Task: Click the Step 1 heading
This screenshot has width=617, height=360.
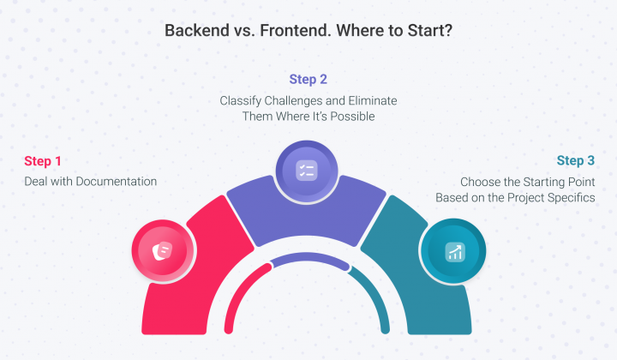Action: [x=43, y=161]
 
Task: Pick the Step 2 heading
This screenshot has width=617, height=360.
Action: [x=308, y=80]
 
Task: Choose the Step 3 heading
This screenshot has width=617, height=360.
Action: [x=575, y=161]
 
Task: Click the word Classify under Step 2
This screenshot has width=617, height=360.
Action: [x=242, y=101]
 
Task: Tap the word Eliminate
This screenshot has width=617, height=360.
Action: [x=371, y=101]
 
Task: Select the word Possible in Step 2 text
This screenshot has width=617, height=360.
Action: [x=353, y=117]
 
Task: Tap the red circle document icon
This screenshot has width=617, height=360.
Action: [x=159, y=251]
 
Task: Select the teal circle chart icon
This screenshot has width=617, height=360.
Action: [x=453, y=251]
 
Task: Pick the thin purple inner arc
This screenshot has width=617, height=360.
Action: [x=308, y=260]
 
